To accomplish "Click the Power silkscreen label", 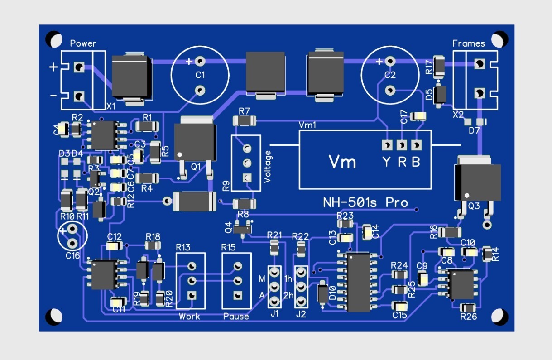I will [x=83, y=43].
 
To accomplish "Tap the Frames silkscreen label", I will [x=469, y=43].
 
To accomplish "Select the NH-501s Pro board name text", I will [x=365, y=202].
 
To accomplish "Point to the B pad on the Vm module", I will [x=416, y=145].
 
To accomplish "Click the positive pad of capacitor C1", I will [x=201, y=61].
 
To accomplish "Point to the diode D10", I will [x=322, y=294].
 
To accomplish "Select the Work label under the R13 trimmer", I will [x=189, y=316].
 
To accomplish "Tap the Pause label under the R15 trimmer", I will [x=236, y=316].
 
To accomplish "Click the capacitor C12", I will [x=114, y=246].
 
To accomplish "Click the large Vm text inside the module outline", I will [x=342, y=162].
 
